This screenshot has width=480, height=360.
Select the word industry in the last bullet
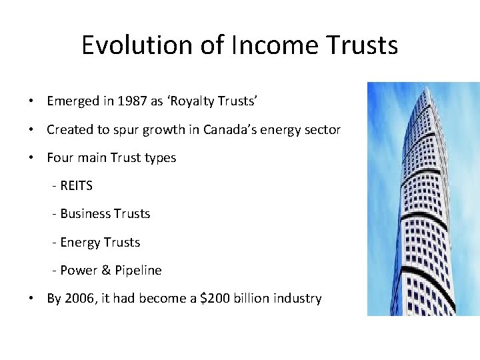297,298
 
